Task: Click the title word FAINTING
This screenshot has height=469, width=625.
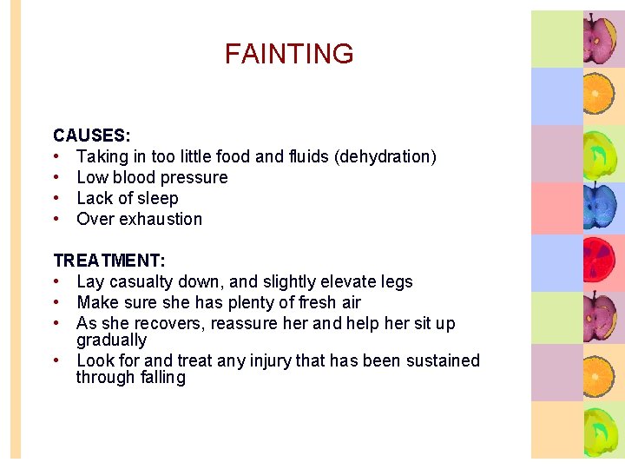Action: click(x=289, y=54)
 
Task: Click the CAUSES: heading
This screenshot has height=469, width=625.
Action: click(x=92, y=135)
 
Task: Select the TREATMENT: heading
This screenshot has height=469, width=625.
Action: click(x=109, y=261)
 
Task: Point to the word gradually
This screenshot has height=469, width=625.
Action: click(x=111, y=340)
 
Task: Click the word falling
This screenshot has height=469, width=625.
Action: click(x=160, y=378)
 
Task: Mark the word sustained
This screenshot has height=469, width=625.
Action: click(x=440, y=360)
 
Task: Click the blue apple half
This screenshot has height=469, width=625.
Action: click(x=597, y=207)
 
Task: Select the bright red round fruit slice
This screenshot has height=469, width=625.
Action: click(x=597, y=261)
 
